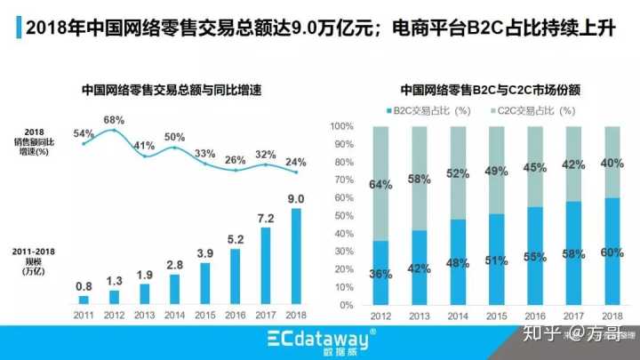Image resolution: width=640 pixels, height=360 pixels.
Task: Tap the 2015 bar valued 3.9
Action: click(205, 282)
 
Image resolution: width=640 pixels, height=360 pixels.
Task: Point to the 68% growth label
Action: click(114, 119)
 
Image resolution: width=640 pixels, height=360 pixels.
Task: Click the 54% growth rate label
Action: click(84, 133)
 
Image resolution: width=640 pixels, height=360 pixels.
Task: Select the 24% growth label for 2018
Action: click(297, 162)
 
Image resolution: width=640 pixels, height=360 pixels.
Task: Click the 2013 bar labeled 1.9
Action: click(144, 292)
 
